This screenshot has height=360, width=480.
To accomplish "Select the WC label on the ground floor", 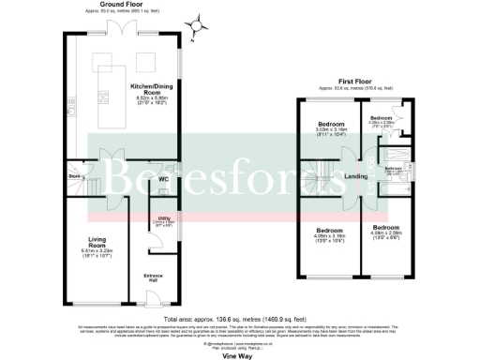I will [161, 179].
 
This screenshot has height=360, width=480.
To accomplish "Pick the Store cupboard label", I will [74, 174].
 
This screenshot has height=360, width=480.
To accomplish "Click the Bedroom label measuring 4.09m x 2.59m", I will [385, 227].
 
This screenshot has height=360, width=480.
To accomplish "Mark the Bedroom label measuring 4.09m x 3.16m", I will [328, 230].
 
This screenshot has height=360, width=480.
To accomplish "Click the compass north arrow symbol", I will [195, 26].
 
